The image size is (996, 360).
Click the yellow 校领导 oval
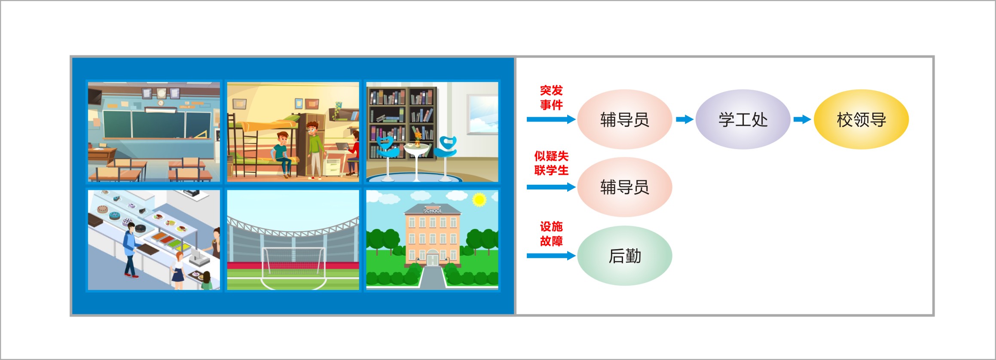pos(861,119)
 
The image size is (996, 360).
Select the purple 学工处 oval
pos(743,119)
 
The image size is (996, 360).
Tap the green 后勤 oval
pos(625,256)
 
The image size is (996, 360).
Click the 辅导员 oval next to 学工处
pos(625,119)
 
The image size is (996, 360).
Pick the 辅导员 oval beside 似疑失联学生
pos(625,187)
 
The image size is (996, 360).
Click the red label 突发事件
pos(551,98)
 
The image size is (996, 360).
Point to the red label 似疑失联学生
pos(551,163)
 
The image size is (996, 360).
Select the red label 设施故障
pos(551,234)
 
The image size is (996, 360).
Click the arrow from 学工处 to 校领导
pos(802,119)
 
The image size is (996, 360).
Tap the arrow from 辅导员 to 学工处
pos(684,119)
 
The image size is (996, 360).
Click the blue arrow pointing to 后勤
pos(551,256)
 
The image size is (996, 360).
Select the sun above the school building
pos(479,200)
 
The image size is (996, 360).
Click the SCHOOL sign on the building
pos(432,211)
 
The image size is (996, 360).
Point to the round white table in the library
pos(416,161)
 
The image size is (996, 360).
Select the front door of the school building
pos(432,259)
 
